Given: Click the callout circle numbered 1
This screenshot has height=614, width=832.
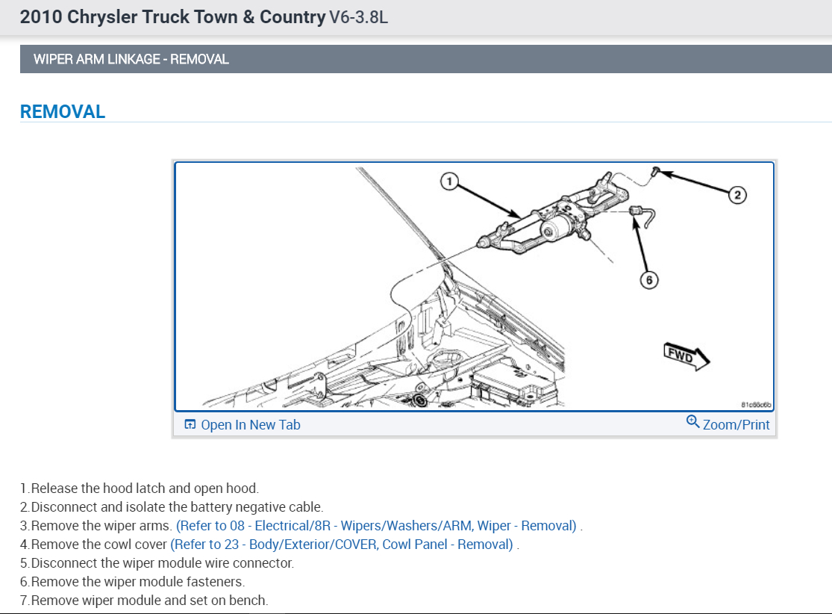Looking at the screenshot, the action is point(448,181).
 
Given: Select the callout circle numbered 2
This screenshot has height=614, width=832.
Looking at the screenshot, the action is point(736,195).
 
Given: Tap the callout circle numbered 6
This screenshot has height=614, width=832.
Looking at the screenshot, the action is point(648,280).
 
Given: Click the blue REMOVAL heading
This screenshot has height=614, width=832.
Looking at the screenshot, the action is point(63,112).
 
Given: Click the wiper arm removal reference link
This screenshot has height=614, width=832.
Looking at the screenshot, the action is point(376,526).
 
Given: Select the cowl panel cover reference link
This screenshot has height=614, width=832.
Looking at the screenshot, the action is point(342,545).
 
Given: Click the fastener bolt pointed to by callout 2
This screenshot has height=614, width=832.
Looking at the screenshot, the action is point(654,172).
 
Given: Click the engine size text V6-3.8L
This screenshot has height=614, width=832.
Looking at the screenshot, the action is point(358,17).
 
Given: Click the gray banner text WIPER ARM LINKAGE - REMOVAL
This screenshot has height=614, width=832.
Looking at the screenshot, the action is point(131,59).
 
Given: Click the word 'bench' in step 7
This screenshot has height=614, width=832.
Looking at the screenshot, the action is point(250,601).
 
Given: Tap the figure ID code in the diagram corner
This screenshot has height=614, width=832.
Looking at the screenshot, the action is point(756,405).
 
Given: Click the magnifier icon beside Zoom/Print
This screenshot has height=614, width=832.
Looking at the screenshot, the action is point(692,422).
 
